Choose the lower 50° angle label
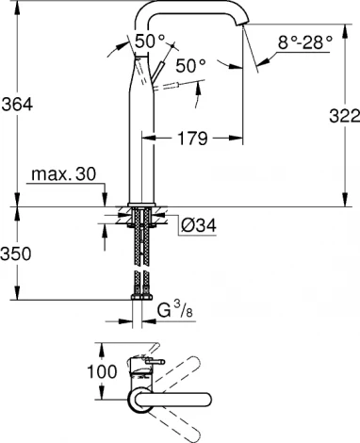[x=189, y=65]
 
